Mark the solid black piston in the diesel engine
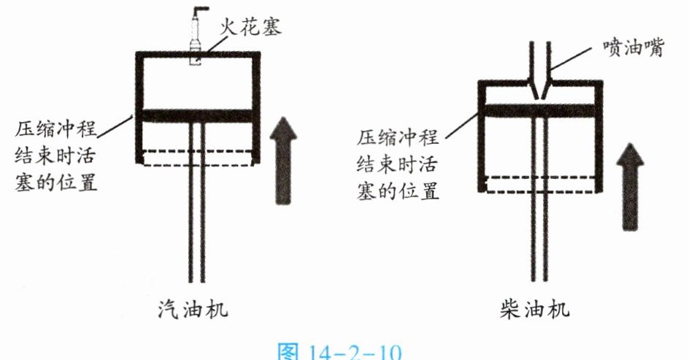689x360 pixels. click(x=540, y=110)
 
